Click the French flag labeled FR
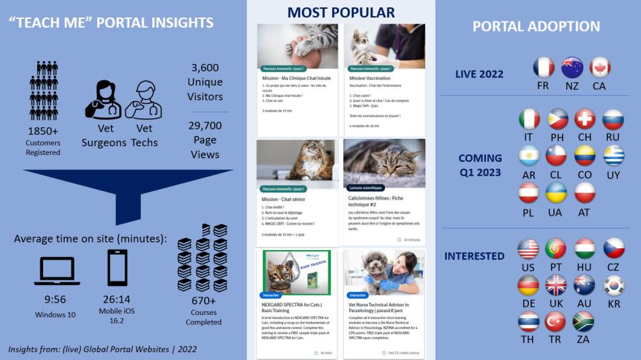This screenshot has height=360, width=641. point(543,67)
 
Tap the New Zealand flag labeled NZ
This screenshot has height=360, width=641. point(572,67)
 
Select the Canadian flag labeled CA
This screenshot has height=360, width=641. point(600,67)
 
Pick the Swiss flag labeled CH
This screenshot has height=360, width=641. point(585,119)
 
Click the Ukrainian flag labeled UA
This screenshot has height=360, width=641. point(557,193)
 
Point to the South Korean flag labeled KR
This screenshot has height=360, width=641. point(613,285)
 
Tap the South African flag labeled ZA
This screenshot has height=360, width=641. point(584,321)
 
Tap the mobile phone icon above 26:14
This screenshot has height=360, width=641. point(117,268)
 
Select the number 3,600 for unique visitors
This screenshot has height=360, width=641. point(205,68)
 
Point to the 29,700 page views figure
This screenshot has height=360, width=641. point(205,125)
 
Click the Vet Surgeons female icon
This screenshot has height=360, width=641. point(103,100)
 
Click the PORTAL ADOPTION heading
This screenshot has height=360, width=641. point(536,26)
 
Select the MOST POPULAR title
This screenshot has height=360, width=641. point(341,12)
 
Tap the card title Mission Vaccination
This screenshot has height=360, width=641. point(370,78)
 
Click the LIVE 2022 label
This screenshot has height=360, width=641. point(480,74)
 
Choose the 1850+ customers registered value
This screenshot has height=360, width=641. point(43,130)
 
